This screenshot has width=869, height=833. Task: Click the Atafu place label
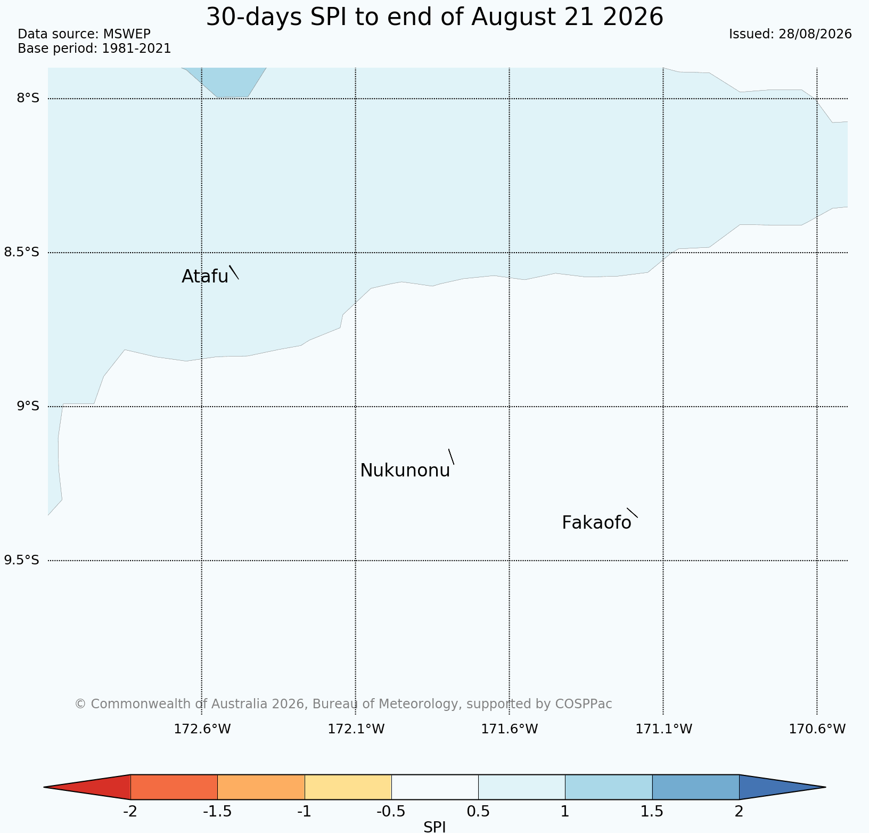(x=205, y=276)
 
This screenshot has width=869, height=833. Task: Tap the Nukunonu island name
(x=405, y=471)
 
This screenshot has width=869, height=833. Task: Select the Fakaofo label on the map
(x=596, y=523)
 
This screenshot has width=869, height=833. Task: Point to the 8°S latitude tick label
(x=28, y=98)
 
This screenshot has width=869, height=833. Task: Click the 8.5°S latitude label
(x=21, y=252)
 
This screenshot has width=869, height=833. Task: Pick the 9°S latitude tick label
(x=28, y=406)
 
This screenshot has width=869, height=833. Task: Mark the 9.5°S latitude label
(x=21, y=560)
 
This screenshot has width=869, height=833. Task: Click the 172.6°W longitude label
(x=202, y=729)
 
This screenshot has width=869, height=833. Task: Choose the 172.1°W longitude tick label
(x=356, y=729)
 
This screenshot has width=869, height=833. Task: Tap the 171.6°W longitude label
(x=510, y=729)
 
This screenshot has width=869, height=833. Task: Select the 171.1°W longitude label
(x=663, y=729)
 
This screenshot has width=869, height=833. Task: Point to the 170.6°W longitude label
(x=817, y=729)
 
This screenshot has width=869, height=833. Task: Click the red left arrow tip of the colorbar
(x=44, y=787)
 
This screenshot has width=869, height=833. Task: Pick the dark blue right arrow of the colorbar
(x=782, y=787)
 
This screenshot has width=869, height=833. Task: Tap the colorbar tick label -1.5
(x=217, y=812)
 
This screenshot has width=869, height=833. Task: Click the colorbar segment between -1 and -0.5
(x=348, y=787)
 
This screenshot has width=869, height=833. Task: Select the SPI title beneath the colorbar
(x=434, y=827)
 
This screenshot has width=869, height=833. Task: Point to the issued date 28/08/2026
(x=815, y=34)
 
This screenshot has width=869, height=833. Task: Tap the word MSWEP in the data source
(x=127, y=34)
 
